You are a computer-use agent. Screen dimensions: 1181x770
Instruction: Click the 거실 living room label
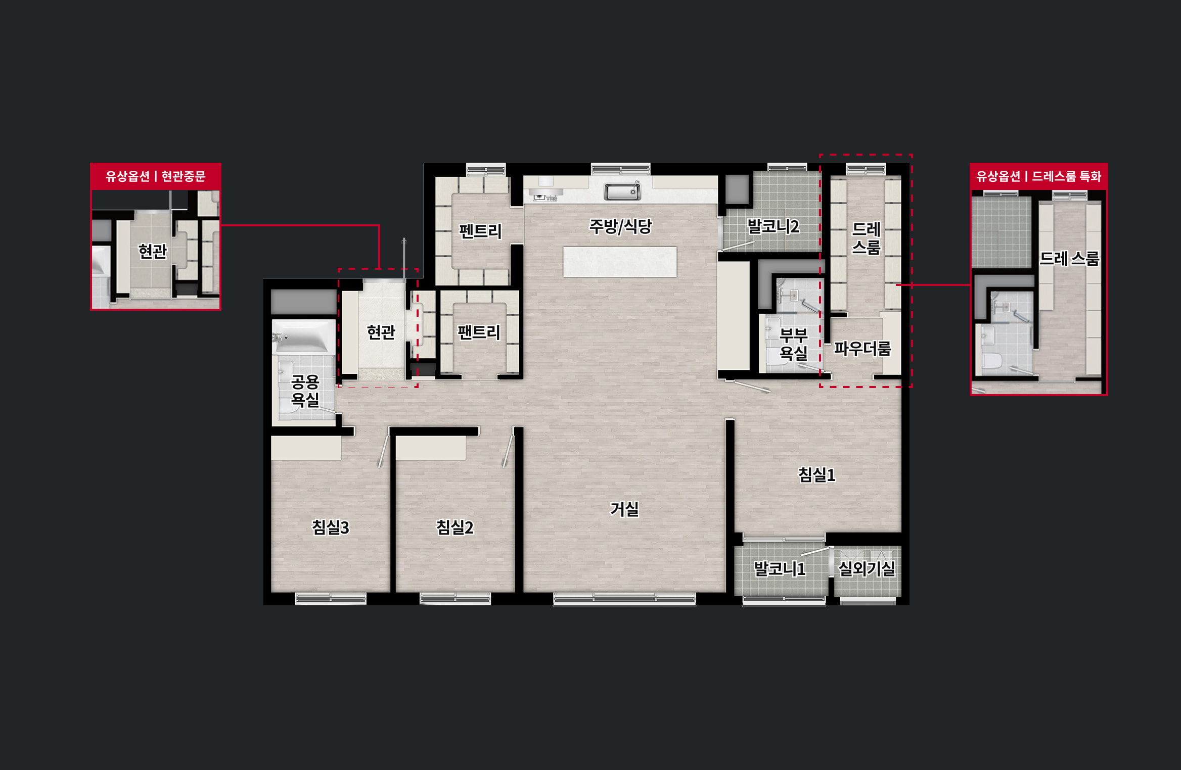[624, 509]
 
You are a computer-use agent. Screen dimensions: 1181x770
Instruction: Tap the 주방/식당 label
[620, 226]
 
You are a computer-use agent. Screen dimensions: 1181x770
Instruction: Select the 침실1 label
[816, 474]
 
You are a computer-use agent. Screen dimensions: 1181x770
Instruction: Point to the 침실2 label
[455, 527]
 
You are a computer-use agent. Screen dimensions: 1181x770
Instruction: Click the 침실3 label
[330, 527]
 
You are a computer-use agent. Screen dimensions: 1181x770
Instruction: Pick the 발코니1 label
[779, 569]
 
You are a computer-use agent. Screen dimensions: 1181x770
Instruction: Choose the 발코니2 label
[773, 226]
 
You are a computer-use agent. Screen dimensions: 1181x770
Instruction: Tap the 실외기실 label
[867, 569]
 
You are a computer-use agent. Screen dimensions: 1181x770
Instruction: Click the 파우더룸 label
[862, 348]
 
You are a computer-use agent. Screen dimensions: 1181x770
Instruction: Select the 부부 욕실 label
[793, 344]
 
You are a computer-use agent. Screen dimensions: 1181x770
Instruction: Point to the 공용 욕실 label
[305, 390]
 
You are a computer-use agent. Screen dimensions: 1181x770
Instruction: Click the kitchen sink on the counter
[622, 191]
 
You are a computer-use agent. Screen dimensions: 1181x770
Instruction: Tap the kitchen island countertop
[620, 262]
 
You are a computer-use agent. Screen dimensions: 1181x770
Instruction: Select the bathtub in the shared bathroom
[303, 336]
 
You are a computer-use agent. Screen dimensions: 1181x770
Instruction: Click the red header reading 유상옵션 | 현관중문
[155, 176]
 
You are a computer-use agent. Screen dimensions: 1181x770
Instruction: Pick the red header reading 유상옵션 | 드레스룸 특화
[1038, 176]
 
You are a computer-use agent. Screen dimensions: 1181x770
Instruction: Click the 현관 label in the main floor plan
[381, 332]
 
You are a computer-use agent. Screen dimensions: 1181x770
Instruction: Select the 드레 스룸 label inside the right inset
[1069, 259]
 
